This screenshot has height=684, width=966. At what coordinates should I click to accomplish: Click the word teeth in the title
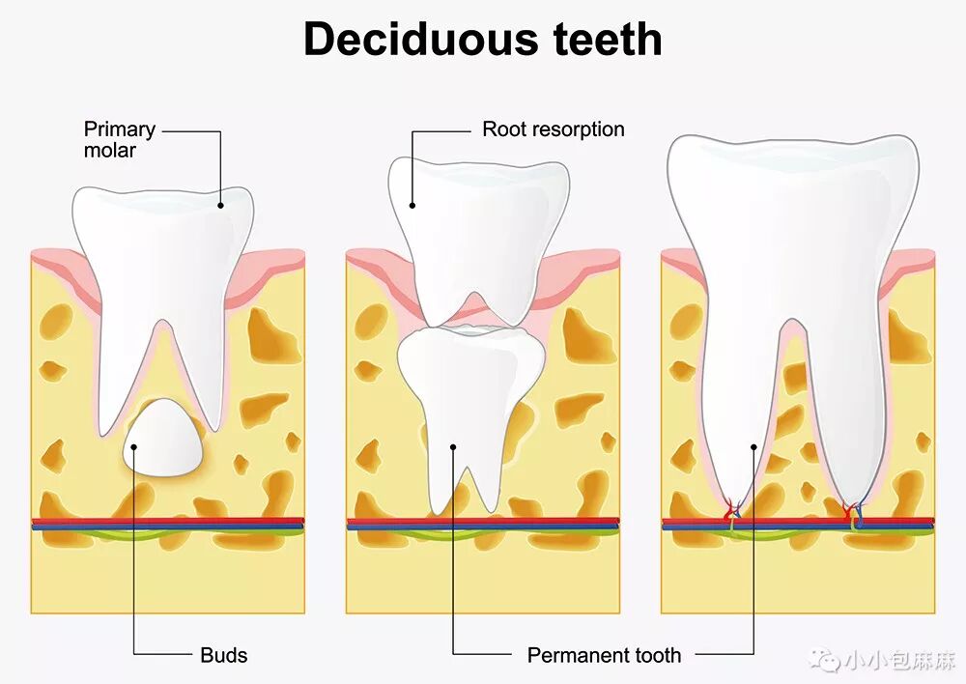coord(603,40)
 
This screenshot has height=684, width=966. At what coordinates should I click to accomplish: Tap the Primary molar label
coord(119,139)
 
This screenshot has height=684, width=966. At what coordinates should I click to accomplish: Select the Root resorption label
coord(554,129)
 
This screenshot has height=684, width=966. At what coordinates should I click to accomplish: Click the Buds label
coord(224,655)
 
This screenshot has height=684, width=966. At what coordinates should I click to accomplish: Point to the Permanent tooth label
coord(604,655)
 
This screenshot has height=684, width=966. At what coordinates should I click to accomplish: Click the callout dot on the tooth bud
coord(134,447)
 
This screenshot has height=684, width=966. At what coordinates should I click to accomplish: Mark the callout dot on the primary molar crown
coord(221,204)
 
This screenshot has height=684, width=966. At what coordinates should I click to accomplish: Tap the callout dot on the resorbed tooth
coord(412,204)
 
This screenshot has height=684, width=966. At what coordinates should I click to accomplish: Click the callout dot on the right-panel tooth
coord(753,446)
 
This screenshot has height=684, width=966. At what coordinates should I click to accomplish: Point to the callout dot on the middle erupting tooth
coord(453,446)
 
